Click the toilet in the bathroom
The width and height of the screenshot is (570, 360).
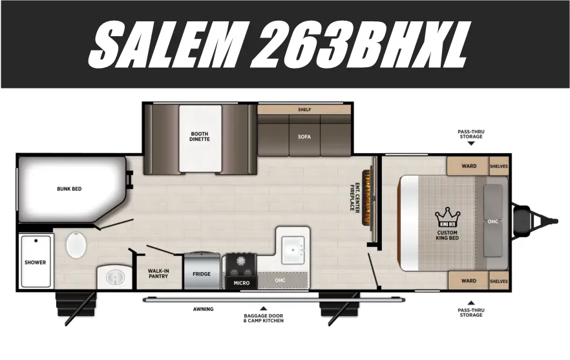click(76, 245)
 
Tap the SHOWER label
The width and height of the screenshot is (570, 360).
click(36, 262)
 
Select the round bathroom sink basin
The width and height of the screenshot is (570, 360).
click(115, 278)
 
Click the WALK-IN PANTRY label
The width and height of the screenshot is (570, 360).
click(158, 273)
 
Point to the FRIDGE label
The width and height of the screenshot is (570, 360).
click(202, 274)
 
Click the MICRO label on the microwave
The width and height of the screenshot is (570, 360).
click(242, 283)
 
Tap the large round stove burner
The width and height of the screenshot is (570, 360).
click(240, 260)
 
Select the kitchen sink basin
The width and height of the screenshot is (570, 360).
click(293, 250)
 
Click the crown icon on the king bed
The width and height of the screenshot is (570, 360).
click(447, 217)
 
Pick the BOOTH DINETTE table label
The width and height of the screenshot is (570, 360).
click(200, 136)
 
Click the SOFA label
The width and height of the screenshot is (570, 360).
click(304, 137)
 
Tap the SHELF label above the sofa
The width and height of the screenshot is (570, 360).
click(304, 109)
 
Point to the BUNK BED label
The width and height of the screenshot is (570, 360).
click(69, 189)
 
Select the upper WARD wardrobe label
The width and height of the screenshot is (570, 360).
click(469, 166)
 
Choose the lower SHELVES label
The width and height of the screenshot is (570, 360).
click(499, 281)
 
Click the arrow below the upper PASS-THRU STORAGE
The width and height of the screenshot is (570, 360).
click(471, 143)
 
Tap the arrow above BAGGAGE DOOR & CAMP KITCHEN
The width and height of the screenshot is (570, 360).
click(264, 308)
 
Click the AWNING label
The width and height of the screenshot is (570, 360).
click(203, 309)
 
